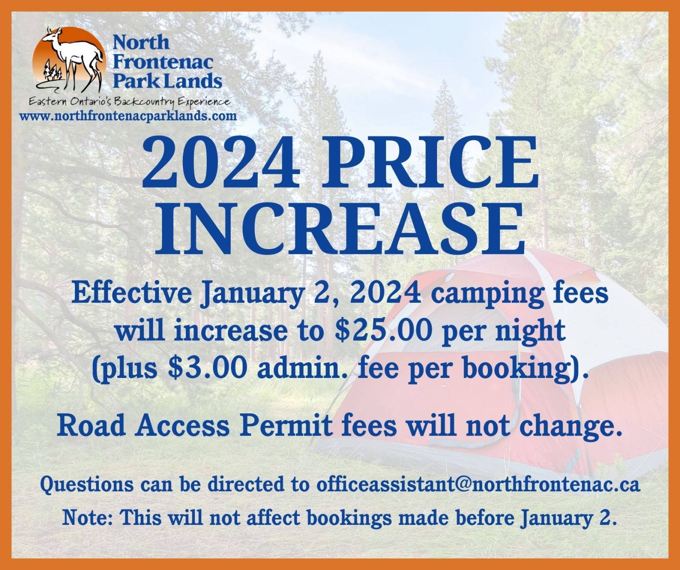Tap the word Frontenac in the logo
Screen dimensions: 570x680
(163, 62)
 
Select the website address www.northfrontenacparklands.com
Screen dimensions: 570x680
(128, 116)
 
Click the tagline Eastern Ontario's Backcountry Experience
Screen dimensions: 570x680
(129, 102)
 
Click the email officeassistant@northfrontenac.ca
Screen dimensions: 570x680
(478, 484)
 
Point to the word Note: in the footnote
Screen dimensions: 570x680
(88, 517)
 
